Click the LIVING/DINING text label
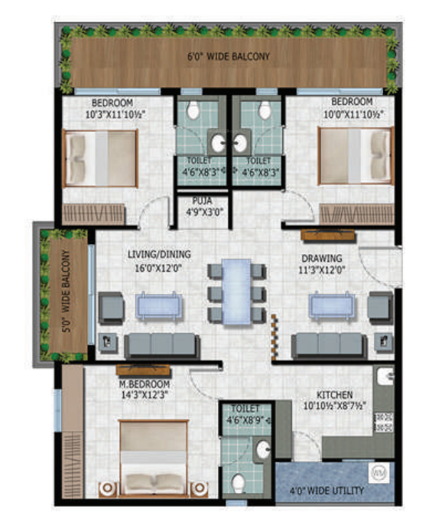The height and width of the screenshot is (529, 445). point(159,254)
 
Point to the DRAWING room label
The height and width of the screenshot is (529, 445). point(321,258)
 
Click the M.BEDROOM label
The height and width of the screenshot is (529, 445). point(143,384)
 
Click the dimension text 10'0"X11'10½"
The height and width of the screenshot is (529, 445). point(352,114)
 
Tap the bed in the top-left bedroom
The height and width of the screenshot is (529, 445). point(100,157)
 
